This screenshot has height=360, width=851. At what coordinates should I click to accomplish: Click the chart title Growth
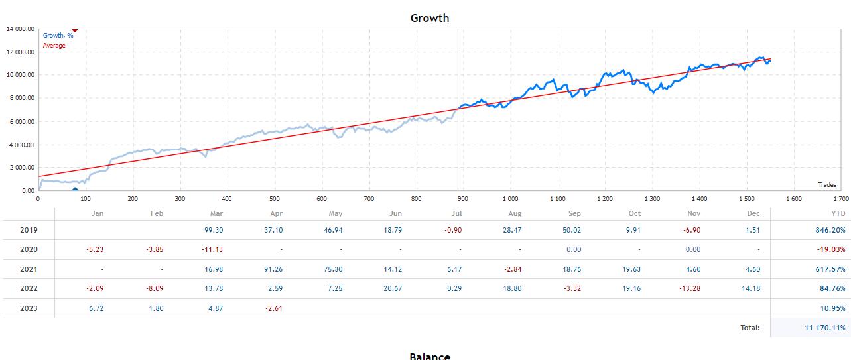click(429, 18)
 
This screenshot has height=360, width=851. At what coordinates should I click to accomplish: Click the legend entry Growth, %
click(58, 36)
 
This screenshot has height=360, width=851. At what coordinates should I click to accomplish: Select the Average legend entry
click(54, 46)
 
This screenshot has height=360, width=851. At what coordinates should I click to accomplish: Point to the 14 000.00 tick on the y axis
click(20, 29)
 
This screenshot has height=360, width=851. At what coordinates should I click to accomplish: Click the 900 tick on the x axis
click(463, 198)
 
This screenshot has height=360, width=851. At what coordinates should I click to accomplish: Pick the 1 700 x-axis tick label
click(840, 198)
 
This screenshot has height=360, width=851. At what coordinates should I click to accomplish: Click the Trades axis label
click(826, 185)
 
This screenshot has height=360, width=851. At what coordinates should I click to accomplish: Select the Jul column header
click(456, 213)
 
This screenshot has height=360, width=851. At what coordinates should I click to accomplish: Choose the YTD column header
click(838, 213)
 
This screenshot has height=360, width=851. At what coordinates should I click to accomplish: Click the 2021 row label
click(29, 269)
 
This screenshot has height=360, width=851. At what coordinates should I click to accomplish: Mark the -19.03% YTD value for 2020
click(831, 249)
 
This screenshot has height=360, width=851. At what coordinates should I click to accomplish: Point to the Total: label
click(750, 328)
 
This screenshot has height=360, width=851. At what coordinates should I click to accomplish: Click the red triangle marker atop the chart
click(74, 30)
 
